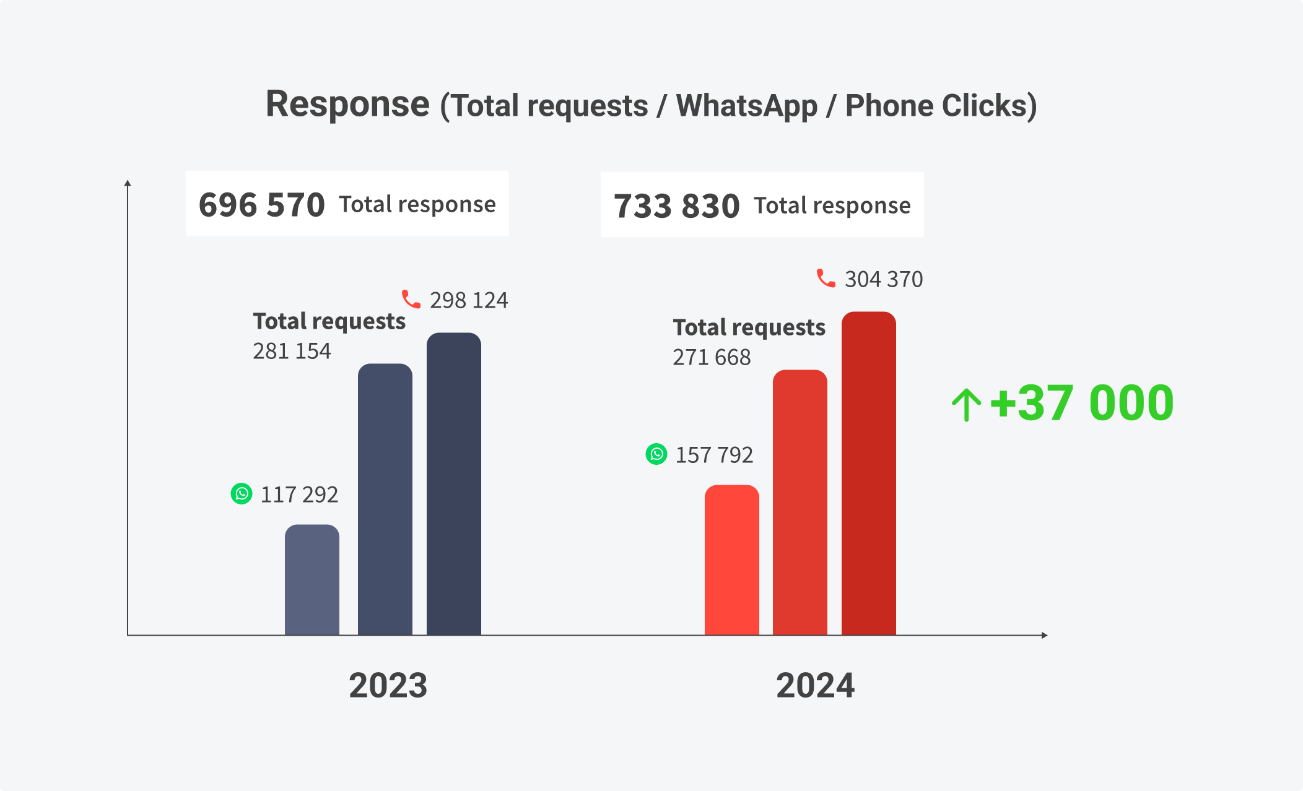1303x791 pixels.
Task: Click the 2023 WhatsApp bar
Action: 312,579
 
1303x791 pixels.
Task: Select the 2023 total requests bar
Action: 385,499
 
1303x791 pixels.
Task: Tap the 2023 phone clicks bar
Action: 454,483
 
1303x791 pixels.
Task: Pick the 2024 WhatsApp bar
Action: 732,560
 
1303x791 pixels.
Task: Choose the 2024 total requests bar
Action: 800,502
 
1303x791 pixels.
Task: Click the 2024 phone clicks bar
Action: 869,473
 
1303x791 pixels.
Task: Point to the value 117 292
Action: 299,495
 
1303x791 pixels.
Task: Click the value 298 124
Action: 469,300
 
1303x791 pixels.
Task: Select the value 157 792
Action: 714,455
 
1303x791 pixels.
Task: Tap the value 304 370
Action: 884,279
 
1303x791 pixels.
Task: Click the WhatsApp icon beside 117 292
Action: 242,493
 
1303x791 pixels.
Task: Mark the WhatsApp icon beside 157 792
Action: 656,454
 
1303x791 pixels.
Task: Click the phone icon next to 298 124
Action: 411,299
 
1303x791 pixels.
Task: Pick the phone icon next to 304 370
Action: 826,278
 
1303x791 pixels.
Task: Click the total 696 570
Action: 261,205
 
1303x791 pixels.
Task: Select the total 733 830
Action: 676,206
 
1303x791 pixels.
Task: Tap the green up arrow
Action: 966,405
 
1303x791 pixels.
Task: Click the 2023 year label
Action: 388,686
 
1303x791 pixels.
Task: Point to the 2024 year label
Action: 816,686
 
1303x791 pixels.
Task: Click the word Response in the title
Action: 347,104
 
